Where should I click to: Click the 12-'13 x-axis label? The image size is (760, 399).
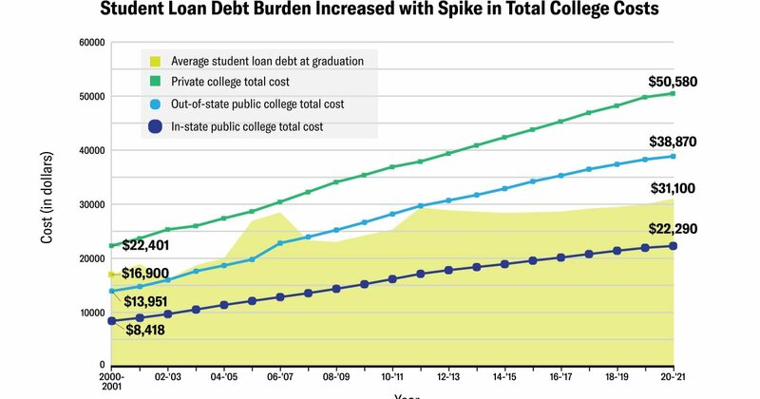(x=447, y=377)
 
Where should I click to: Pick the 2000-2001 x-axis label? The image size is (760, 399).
(x=112, y=382)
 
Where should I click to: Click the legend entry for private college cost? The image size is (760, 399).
(x=242, y=82)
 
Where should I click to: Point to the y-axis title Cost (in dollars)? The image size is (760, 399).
(x=47, y=204)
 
